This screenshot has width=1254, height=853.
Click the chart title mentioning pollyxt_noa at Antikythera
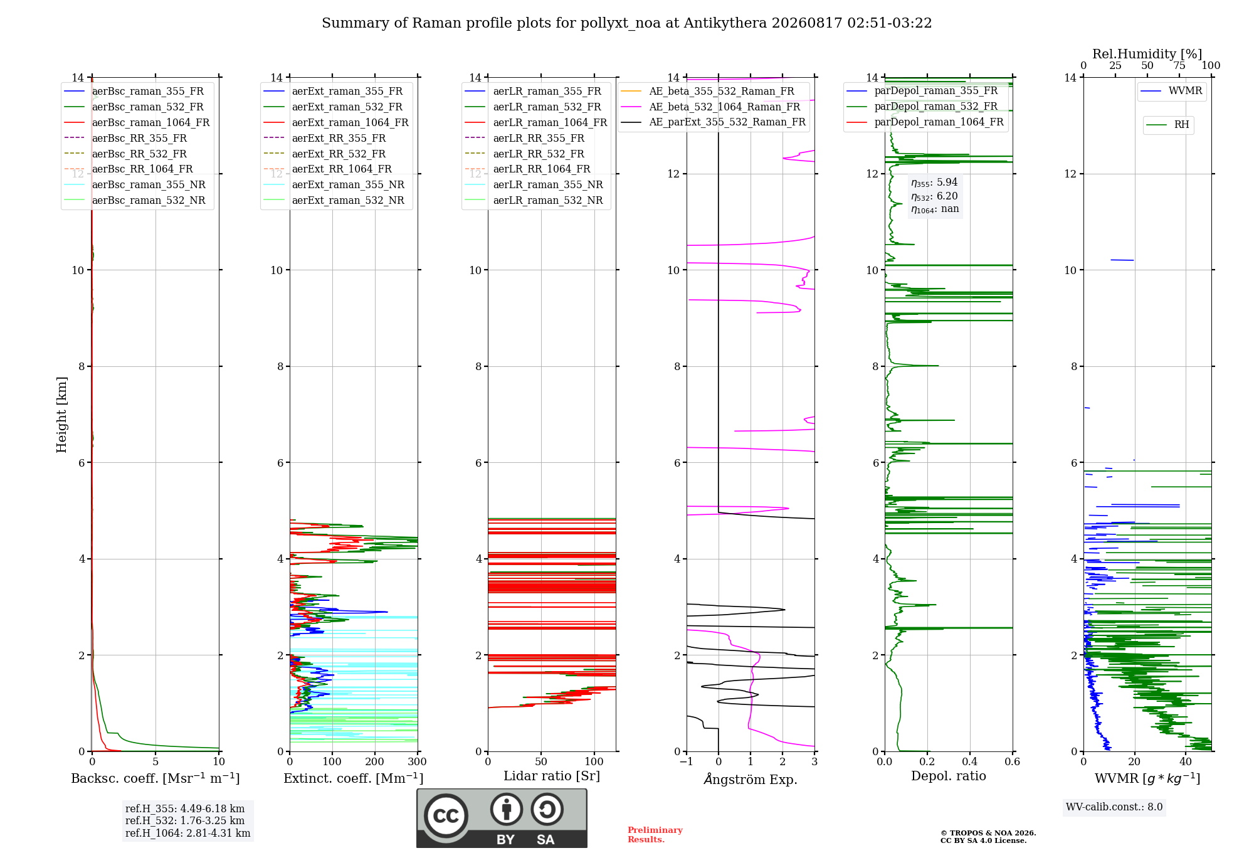click(x=626, y=23)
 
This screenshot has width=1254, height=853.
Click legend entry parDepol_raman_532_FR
click(x=922, y=107)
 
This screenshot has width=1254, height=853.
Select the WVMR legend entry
click(x=1171, y=91)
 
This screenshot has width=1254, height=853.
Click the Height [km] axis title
click(x=61, y=415)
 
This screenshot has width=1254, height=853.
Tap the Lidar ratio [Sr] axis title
click(x=552, y=776)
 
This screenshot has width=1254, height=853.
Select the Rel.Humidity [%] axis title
click(x=1147, y=54)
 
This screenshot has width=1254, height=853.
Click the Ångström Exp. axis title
click(x=751, y=779)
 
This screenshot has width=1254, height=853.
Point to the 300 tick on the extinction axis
click(x=418, y=762)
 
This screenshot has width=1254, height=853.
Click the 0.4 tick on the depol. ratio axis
click(x=970, y=762)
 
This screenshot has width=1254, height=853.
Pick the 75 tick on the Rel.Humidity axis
click(x=1179, y=66)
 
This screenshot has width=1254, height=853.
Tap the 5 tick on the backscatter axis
click(x=155, y=762)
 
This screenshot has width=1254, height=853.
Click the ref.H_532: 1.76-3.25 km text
click(x=185, y=821)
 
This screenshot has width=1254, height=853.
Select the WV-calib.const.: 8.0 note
click(x=1114, y=807)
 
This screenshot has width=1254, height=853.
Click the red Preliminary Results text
click(x=655, y=835)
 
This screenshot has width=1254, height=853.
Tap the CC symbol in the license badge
click(x=446, y=816)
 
